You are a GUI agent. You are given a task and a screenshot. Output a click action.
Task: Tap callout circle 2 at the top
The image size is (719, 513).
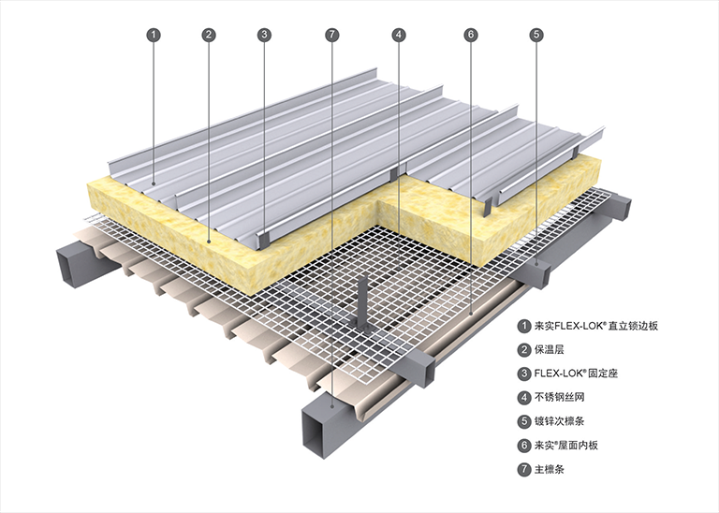pos(209,35)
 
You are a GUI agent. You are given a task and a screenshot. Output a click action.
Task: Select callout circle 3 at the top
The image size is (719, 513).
pos(265,35)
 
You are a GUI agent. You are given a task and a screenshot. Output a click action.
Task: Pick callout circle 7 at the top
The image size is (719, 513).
pos(331,35)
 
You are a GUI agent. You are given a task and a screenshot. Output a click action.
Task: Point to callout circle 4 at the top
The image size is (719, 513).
pos(399,35)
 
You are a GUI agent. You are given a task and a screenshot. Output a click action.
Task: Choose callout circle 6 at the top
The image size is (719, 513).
pos(470,35)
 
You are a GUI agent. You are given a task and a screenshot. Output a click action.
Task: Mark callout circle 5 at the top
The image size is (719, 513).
pos(536,35)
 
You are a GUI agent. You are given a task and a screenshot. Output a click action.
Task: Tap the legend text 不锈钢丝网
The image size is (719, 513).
pos(562,397)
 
